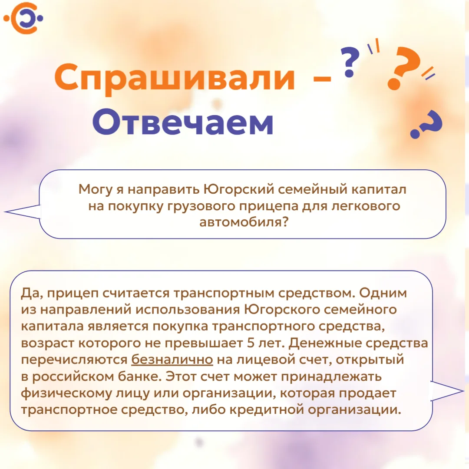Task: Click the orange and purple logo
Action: pyautogui.click(x=23, y=18)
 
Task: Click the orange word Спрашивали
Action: pyautogui.click(x=175, y=78)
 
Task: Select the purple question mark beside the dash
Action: pyautogui.click(x=350, y=62)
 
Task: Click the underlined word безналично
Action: pyautogui.click(x=172, y=360)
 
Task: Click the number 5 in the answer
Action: pyautogui.click(x=251, y=343)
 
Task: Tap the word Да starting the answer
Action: pyautogui.click(x=30, y=293)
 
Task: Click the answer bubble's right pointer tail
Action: pyautogui.click(x=447, y=391)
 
